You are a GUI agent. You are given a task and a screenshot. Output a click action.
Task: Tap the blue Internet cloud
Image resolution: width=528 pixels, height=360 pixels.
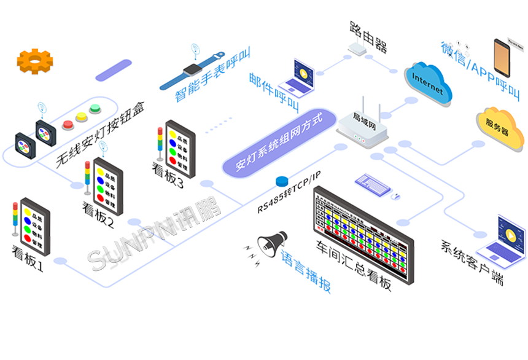pos(429,84)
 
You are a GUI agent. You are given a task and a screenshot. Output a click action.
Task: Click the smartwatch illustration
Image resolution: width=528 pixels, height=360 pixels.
pos(192,70)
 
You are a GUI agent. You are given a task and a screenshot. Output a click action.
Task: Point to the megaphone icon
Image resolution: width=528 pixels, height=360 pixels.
pos(271,241)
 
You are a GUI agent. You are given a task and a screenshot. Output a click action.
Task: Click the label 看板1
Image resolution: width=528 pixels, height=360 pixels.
pos(28,259)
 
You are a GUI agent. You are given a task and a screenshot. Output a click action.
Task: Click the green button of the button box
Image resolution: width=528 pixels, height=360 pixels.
pos(95,109)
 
